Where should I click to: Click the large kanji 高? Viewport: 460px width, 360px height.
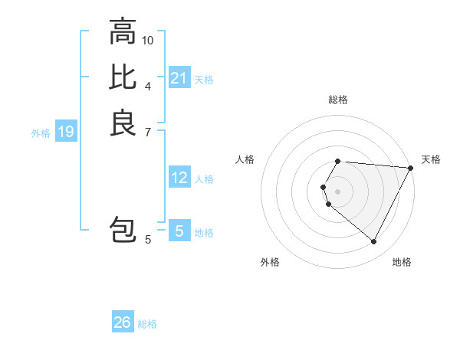click(123, 32)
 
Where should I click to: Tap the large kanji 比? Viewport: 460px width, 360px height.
click(123, 77)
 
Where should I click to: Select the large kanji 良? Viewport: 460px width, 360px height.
click(123, 123)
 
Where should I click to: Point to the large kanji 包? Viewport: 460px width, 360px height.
click(123, 231)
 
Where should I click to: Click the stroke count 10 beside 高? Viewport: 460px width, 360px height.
click(148, 40)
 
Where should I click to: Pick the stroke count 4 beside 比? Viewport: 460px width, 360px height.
click(148, 85)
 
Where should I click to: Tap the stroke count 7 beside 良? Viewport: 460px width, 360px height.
click(148, 131)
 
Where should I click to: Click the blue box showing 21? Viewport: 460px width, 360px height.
click(179, 78)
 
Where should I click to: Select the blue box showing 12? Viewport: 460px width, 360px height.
click(179, 178)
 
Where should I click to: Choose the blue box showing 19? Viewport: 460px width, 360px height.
click(66, 133)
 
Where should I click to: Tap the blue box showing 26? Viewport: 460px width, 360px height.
click(123, 322)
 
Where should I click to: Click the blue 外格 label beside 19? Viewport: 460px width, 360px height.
click(41, 133)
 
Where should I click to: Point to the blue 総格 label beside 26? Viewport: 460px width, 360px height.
click(148, 324)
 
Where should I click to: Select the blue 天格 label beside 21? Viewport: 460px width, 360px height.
click(204, 79)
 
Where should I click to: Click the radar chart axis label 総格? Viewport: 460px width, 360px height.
click(338, 100)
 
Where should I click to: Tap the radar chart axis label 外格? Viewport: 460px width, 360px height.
click(270, 262)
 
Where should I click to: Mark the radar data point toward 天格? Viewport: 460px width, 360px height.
click(411, 168)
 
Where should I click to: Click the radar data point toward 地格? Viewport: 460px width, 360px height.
click(374, 242)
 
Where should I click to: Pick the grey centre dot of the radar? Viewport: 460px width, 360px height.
click(338, 191)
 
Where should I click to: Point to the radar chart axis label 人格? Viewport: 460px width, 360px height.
click(245, 159)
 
